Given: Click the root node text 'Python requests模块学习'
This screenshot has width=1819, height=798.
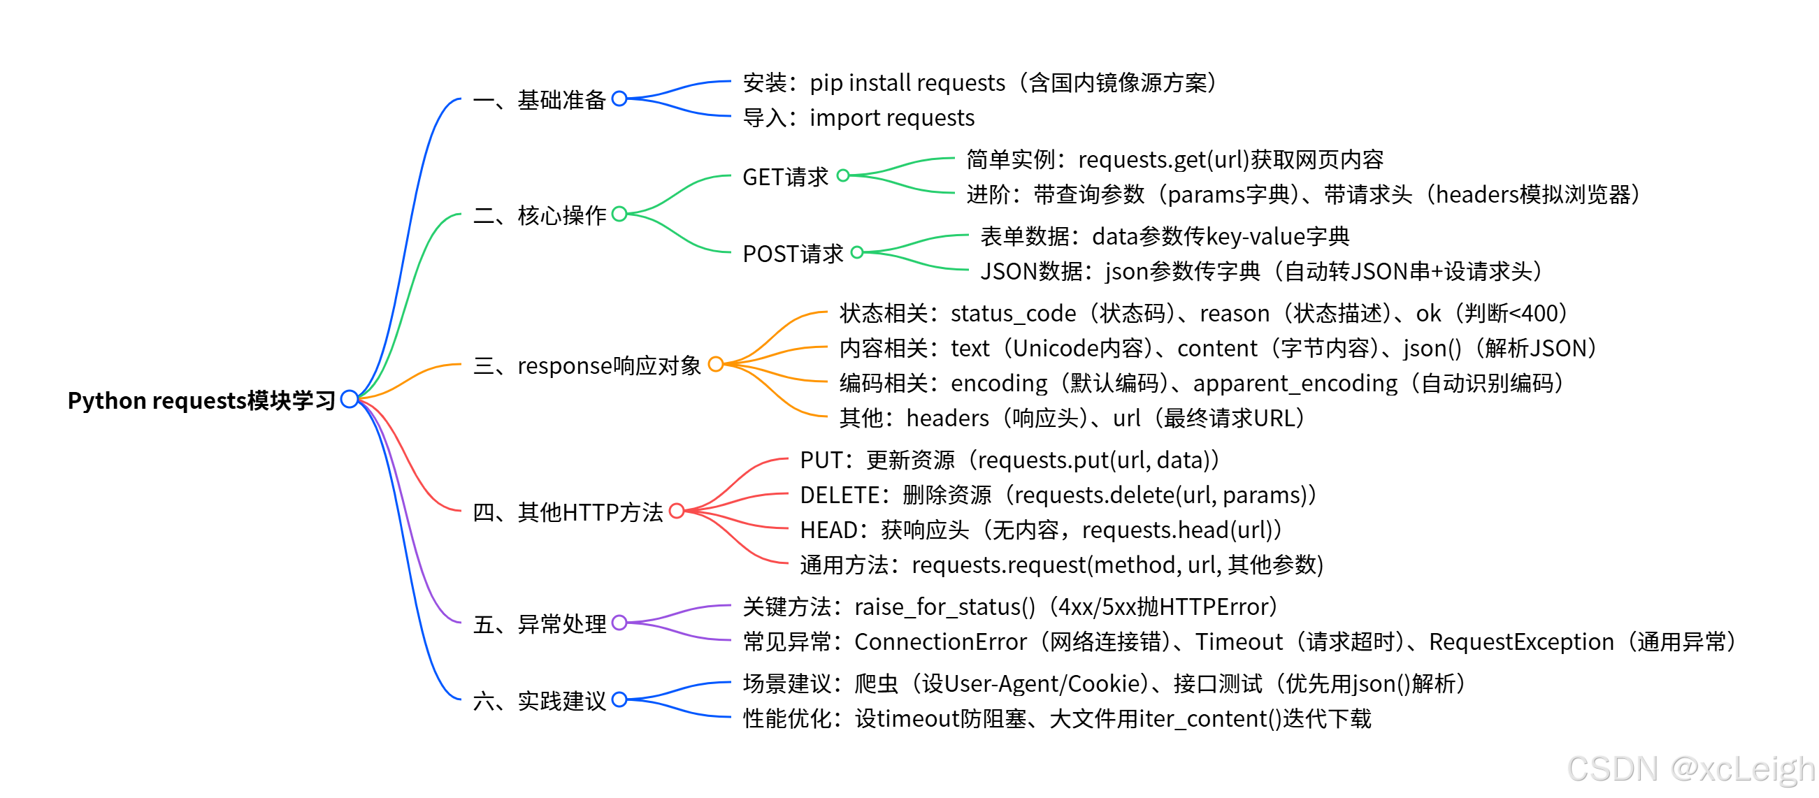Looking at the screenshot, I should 201,401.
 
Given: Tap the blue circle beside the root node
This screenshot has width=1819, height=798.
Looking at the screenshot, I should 349,400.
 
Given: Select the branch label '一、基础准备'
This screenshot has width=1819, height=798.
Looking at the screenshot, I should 540,100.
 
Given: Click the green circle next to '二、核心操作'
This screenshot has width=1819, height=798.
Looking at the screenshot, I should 619,214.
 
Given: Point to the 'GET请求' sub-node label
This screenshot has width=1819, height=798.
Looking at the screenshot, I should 785,177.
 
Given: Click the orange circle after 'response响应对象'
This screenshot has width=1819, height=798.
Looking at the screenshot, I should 715,364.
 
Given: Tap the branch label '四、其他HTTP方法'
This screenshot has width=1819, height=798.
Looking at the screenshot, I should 568,512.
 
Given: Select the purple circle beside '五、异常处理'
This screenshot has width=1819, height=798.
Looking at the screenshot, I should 619,623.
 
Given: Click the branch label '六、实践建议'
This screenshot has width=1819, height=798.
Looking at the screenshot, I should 540,701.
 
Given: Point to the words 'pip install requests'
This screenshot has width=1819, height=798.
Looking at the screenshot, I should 907,83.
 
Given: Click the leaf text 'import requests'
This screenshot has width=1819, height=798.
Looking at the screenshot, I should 892,118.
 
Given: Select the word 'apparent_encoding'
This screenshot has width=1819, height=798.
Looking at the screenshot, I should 1295,383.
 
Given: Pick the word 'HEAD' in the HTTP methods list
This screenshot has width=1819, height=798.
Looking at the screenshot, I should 828,530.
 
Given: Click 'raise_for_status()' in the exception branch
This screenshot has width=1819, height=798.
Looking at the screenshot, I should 944,607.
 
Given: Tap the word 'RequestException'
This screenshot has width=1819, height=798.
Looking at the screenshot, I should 1521,642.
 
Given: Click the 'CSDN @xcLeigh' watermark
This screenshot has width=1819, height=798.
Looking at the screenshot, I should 1690,769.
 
